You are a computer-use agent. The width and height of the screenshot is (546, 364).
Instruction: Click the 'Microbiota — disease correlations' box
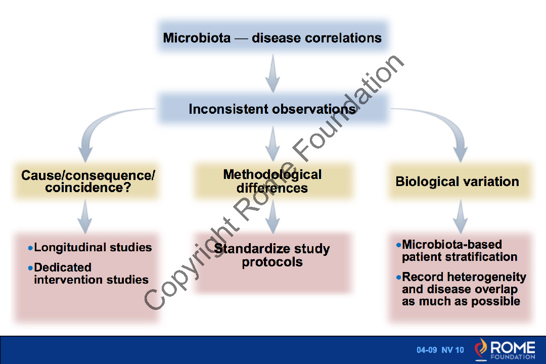click(273, 37)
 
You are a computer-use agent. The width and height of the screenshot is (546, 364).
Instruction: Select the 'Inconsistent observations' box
click(273, 109)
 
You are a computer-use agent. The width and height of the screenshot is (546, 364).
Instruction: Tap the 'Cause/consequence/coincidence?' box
click(86, 181)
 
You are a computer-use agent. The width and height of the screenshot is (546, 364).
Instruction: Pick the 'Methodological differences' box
click(272, 181)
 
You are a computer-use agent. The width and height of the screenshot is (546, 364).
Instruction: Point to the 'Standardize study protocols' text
click(272, 255)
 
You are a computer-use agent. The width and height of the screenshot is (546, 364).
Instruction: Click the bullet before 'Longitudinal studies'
click(30, 248)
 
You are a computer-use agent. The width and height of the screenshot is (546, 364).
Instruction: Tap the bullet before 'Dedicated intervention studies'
click(30, 268)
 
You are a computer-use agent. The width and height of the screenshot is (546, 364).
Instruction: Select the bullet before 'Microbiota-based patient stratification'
click(398, 245)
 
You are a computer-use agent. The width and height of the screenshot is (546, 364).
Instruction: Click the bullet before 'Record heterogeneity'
click(398, 277)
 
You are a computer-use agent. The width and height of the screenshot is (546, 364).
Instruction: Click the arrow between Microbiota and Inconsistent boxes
click(272, 73)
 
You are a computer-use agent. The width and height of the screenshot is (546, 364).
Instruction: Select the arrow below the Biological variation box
click(461, 216)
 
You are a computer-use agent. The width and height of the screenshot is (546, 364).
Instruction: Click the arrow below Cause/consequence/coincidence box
click(85, 216)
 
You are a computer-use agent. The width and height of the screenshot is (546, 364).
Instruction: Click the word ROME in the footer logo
click(513, 347)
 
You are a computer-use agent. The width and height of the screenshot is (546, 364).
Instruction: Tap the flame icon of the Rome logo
click(481, 348)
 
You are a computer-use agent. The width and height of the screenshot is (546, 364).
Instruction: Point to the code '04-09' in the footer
click(427, 350)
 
